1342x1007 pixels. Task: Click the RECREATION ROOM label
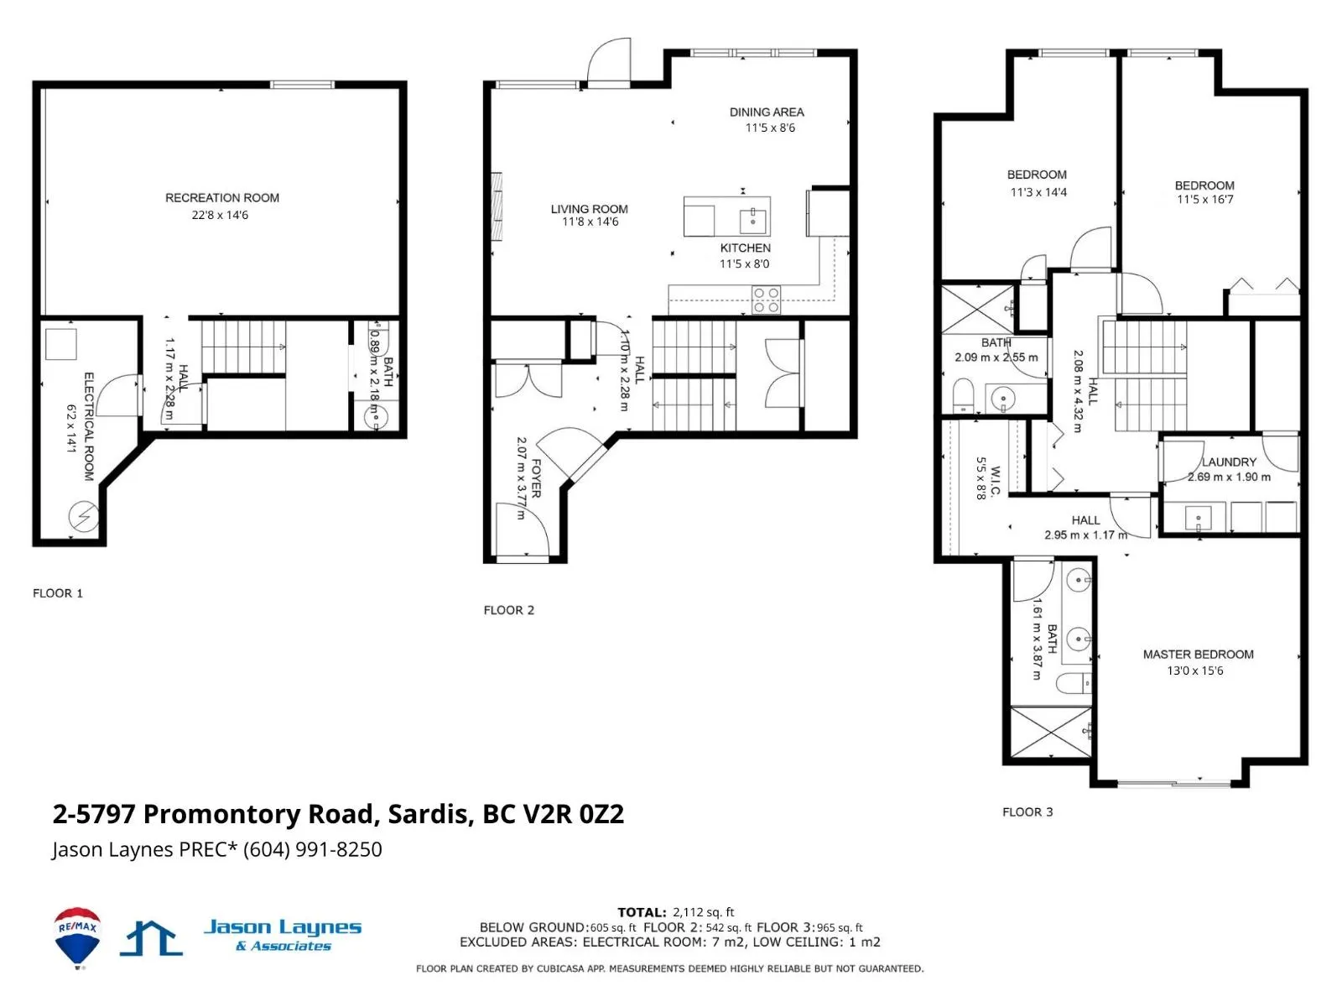coord(222,198)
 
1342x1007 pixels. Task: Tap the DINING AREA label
coord(766,112)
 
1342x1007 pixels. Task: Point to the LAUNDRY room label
coord(1229,462)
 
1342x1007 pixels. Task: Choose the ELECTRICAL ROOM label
coord(89,427)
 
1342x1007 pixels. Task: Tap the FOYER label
coord(536,478)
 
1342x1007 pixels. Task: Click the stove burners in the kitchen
coord(766,300)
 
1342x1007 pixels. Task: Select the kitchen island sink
coord(752,221)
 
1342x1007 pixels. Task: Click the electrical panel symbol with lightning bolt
coord(84,517)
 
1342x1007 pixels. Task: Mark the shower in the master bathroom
coord(1050,732)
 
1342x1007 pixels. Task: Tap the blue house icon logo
coord(151,938)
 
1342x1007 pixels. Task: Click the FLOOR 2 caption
coord(508,610)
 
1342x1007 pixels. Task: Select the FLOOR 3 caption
coord(1027,812)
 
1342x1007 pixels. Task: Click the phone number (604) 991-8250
coord(312,849)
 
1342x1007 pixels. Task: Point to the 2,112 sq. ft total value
coord(703,912)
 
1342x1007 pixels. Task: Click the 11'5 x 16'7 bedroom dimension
coord(1204,200)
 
